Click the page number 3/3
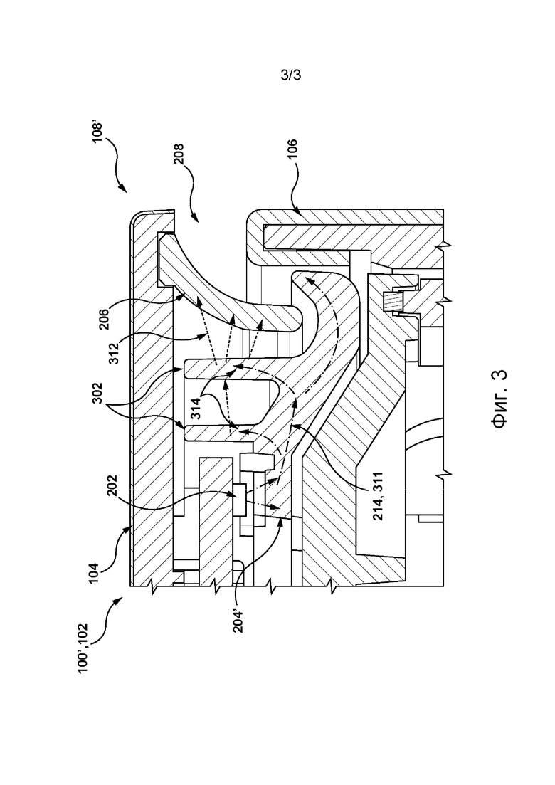[x=291, y=75]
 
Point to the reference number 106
[x=292, y=149]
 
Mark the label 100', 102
[x=83, y=648]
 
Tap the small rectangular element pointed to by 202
[x=240, y=499]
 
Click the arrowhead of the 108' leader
[x=122, y=189]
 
